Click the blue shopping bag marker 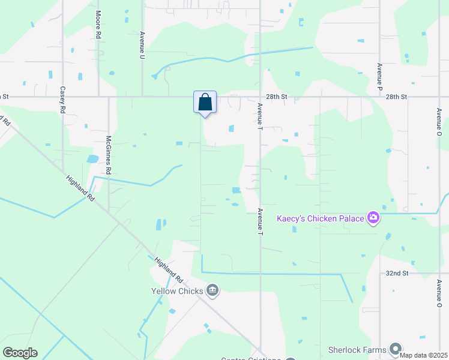tap(205, 102)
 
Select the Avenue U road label tap(142, 45)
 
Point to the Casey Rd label tap(62, 100)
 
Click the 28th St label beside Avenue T tap(277, 97)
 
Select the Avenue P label tap(380, 76)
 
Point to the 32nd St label tap(397, 273)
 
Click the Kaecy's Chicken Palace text tap(320, 218)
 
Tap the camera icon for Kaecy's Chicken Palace tap(373, 217)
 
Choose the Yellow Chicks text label tap(176, 292)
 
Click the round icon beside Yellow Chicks tap(212, 291)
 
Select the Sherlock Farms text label tap(357, 349)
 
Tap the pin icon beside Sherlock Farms tap(395, 349)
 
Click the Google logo tap(20, 352)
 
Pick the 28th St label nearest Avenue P tap(397, 97)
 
